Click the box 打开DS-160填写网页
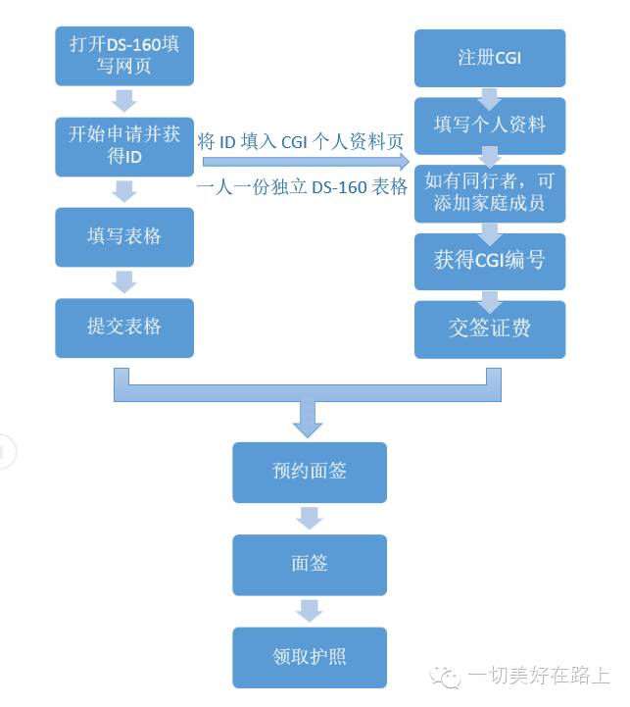point(124,57)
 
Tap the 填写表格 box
point(124,236)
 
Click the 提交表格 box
point(124,328)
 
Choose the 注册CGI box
point(490,58)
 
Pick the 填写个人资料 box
point(490,126)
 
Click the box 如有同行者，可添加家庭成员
point(490,192)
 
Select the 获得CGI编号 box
point(490,261)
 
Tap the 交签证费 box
point(490,328)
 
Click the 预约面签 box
point(310,472)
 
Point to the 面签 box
point(310,564)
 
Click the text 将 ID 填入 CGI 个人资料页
point(302,141)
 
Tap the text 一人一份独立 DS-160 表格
point(302,188)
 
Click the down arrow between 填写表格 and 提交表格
point(124,282)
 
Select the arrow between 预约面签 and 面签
point(310,518)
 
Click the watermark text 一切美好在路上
point(539,676)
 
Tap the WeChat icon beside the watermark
point(450,676)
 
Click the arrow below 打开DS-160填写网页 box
point(124,101)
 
